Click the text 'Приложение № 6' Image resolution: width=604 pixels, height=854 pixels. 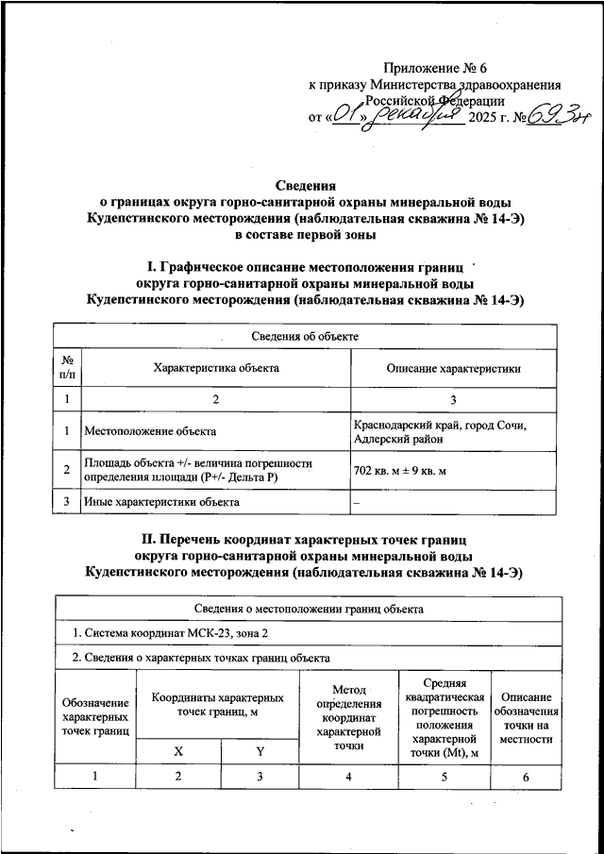coord(435,67)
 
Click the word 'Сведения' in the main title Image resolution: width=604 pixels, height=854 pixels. coord(306,186)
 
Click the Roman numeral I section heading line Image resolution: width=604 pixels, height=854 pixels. coord(306,267)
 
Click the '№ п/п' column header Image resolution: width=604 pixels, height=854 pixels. coord(67,367)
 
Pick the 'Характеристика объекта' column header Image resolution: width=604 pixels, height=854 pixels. coord(216,367)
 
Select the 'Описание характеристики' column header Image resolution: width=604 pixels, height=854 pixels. coord(454,368)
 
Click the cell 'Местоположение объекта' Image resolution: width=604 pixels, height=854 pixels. coord(150,431)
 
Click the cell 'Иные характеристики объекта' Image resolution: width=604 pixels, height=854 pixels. coord(161,502)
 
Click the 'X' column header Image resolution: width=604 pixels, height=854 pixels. coord(178,750)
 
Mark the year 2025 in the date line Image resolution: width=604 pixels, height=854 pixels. coord(487,118)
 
